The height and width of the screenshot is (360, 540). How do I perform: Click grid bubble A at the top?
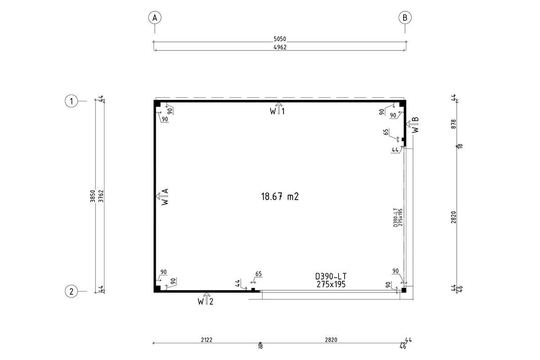click(x=155, y=18)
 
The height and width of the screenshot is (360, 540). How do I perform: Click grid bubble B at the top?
click(x=405, y=18)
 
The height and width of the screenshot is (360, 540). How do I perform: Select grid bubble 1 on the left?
click(x=72, y=101)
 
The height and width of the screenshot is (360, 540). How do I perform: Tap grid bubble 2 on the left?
click(x=72, y=291)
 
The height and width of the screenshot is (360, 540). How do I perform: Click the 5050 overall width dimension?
click(x=279, y=39)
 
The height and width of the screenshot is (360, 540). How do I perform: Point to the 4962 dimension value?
click(x=280, y=47)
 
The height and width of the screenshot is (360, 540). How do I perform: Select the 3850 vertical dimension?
click(x=93, y=196)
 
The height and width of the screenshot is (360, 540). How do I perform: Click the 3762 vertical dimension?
click(x=101, y=196)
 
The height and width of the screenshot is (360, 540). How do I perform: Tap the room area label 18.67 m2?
click(x=280, y=197)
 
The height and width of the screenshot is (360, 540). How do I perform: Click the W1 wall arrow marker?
click(x=278, y=109)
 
